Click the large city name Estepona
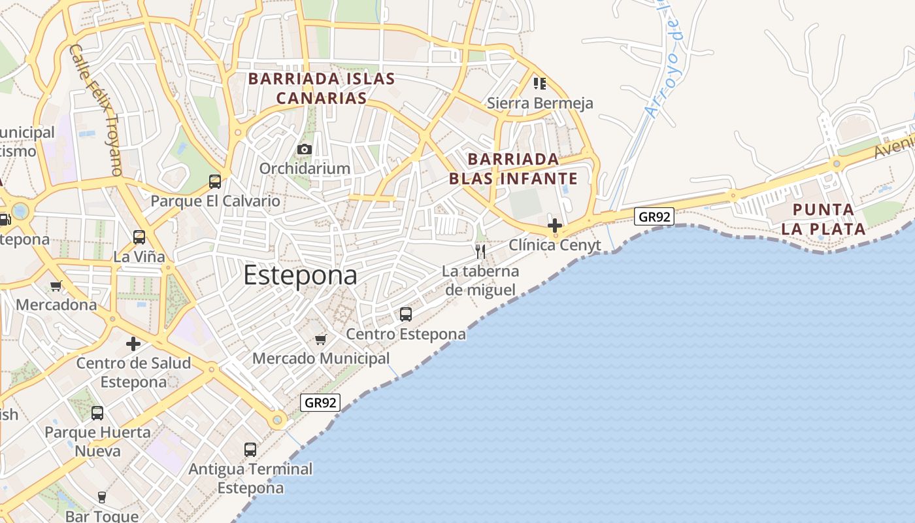click(x=300, y=275)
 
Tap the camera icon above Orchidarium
click(x=304, y=149)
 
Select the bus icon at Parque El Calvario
click(x=215, y=182)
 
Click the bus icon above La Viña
click(x=139, y=237)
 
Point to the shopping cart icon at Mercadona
click(x=56, y=286)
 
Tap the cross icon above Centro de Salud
click(x=133, y=343)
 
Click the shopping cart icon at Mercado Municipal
click(x=320, y=339)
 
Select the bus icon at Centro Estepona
click(x=406, y=314)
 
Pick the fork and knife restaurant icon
click(x=480, y=251)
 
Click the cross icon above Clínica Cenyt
click(x=555, y=226)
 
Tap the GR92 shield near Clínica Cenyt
click(x=654, y=216)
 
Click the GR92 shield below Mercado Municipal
click(x=320, y=403)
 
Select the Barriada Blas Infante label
click(x=513, y=169)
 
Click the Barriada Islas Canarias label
click(x=321, y=88)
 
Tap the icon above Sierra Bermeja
click(x=539, y=83)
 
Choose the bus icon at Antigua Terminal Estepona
click(x=250, y=450)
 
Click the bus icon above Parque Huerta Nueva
click(x=97, y=413)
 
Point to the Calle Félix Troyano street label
click(x=95, y=109)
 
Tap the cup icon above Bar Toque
click(x=102, y=498)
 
